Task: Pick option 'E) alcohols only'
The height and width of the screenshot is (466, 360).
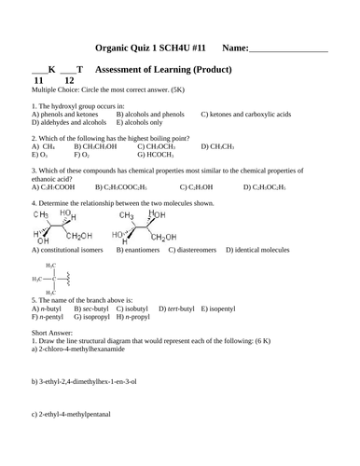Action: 141,122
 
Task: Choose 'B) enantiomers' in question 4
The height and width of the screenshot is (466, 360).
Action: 137,251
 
